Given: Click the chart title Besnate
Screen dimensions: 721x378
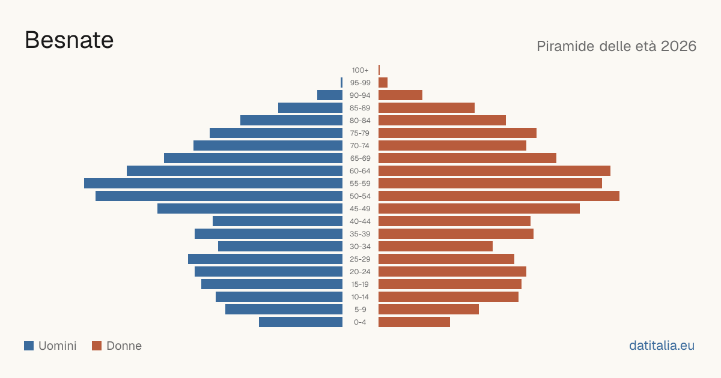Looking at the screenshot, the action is click(69, 40).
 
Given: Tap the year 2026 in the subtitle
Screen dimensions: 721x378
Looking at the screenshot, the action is click(678, 46).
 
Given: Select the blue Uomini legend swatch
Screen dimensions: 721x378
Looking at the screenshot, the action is click(29, 346).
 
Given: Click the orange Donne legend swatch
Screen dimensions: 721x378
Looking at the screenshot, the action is click(97, 346).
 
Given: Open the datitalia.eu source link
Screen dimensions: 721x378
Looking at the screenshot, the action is click(662, 346).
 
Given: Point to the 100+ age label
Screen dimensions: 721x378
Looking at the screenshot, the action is click(360, 70).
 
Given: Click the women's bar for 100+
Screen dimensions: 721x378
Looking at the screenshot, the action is click(379, 70).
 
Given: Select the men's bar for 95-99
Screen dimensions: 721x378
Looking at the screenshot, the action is click(341, 82).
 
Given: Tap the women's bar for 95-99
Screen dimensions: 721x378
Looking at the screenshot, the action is click(383, 82).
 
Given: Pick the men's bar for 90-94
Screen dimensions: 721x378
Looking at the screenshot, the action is click(330, 95).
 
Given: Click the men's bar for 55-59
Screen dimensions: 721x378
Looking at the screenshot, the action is click(213, 183).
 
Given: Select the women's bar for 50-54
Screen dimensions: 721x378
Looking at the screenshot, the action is click(499, 196).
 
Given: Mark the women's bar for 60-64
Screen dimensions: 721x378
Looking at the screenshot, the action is click(494, 170).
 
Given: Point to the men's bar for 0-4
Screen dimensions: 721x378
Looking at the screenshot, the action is click(300, 322).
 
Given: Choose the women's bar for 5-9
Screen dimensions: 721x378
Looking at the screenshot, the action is click(429, 309).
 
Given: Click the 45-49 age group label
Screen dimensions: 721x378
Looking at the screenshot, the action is click(360, 209).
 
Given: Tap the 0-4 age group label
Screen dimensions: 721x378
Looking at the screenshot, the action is click(360, 322).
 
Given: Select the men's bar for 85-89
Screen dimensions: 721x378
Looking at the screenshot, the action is click(310, 107).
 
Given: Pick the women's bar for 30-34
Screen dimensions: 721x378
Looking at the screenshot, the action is click(436, 246).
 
